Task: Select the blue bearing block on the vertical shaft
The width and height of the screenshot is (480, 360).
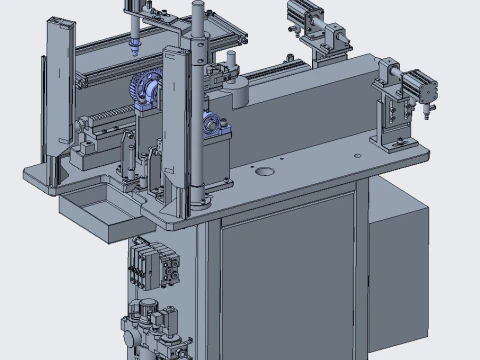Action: tap(212, 126)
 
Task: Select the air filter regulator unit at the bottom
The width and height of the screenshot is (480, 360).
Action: tap(150, 330)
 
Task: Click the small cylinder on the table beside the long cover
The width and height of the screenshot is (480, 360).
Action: tap(240, 92)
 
